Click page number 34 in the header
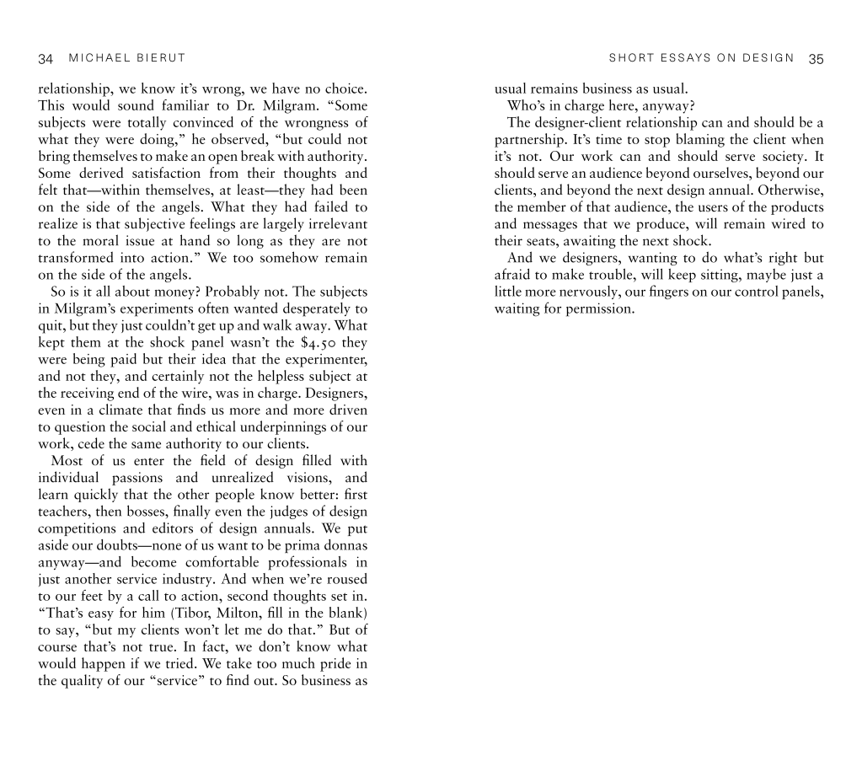[x=46, y=59]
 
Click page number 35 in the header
[x=815, y=59]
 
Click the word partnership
[x=531, y=140]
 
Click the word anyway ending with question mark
[x=669, y=106]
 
